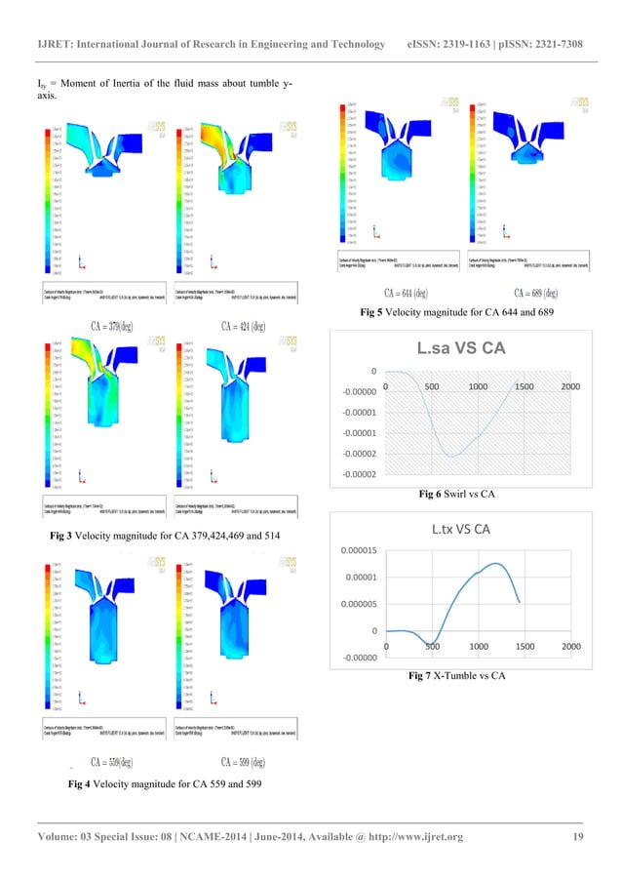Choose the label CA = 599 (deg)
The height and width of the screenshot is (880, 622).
[x=244, y=762]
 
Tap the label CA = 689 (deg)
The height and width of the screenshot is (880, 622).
[x=535, y=293]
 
